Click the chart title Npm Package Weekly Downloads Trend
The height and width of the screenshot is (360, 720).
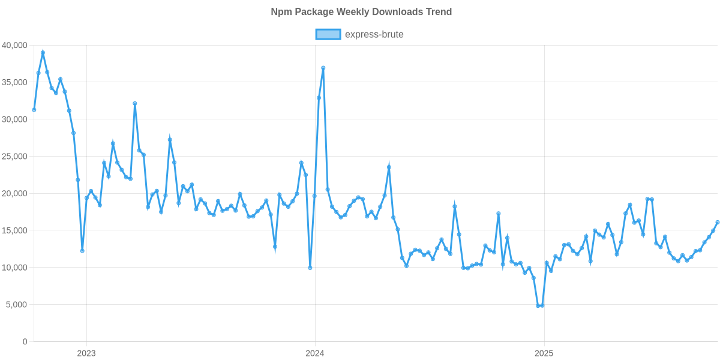(x=361, y=12)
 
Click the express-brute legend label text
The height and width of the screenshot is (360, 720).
(x=374, y=34)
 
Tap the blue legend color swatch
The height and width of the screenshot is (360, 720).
(x=328, y=34)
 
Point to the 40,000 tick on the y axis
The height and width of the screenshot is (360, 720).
(x=14, y=45)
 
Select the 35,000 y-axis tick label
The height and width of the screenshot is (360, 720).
(x=14, y=82)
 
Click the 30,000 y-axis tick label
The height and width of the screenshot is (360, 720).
(x=14, y=119)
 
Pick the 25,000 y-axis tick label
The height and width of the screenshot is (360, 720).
(x=14, y=157)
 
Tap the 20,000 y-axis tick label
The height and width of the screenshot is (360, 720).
(x=14, y=194)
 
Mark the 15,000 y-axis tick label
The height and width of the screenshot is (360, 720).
(x=14, y=231)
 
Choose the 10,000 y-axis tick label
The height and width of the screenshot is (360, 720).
(x=14, y=268)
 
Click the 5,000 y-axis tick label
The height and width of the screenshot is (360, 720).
(x=17, y=305)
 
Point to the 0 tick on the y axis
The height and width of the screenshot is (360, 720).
(x=25, y=342)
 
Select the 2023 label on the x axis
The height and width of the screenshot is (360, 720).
(x=86, y=353)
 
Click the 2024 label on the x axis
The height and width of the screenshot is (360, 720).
(x=315, y=353)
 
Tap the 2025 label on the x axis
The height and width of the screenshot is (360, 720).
(x=544, y=353)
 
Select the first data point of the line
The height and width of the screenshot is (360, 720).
(x=34, y=110)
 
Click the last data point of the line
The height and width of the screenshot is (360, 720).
(x=718, y=223)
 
